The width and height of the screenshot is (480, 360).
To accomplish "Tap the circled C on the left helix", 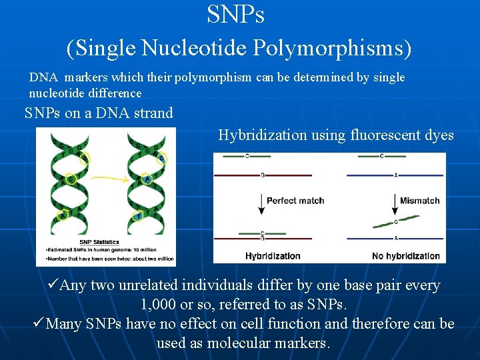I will (x=84, y=159).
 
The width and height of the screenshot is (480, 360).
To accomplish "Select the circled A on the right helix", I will (x=147, y=179).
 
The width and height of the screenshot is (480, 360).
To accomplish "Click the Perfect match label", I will (x=295, y=201).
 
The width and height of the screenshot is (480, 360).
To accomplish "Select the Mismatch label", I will (x=419, y=201).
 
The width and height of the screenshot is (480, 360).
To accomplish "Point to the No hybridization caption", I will (x=406, y=255).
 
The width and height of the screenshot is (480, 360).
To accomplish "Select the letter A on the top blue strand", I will (x=395, y=175).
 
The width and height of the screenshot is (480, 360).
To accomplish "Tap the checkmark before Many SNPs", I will (x=38, y=324).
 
